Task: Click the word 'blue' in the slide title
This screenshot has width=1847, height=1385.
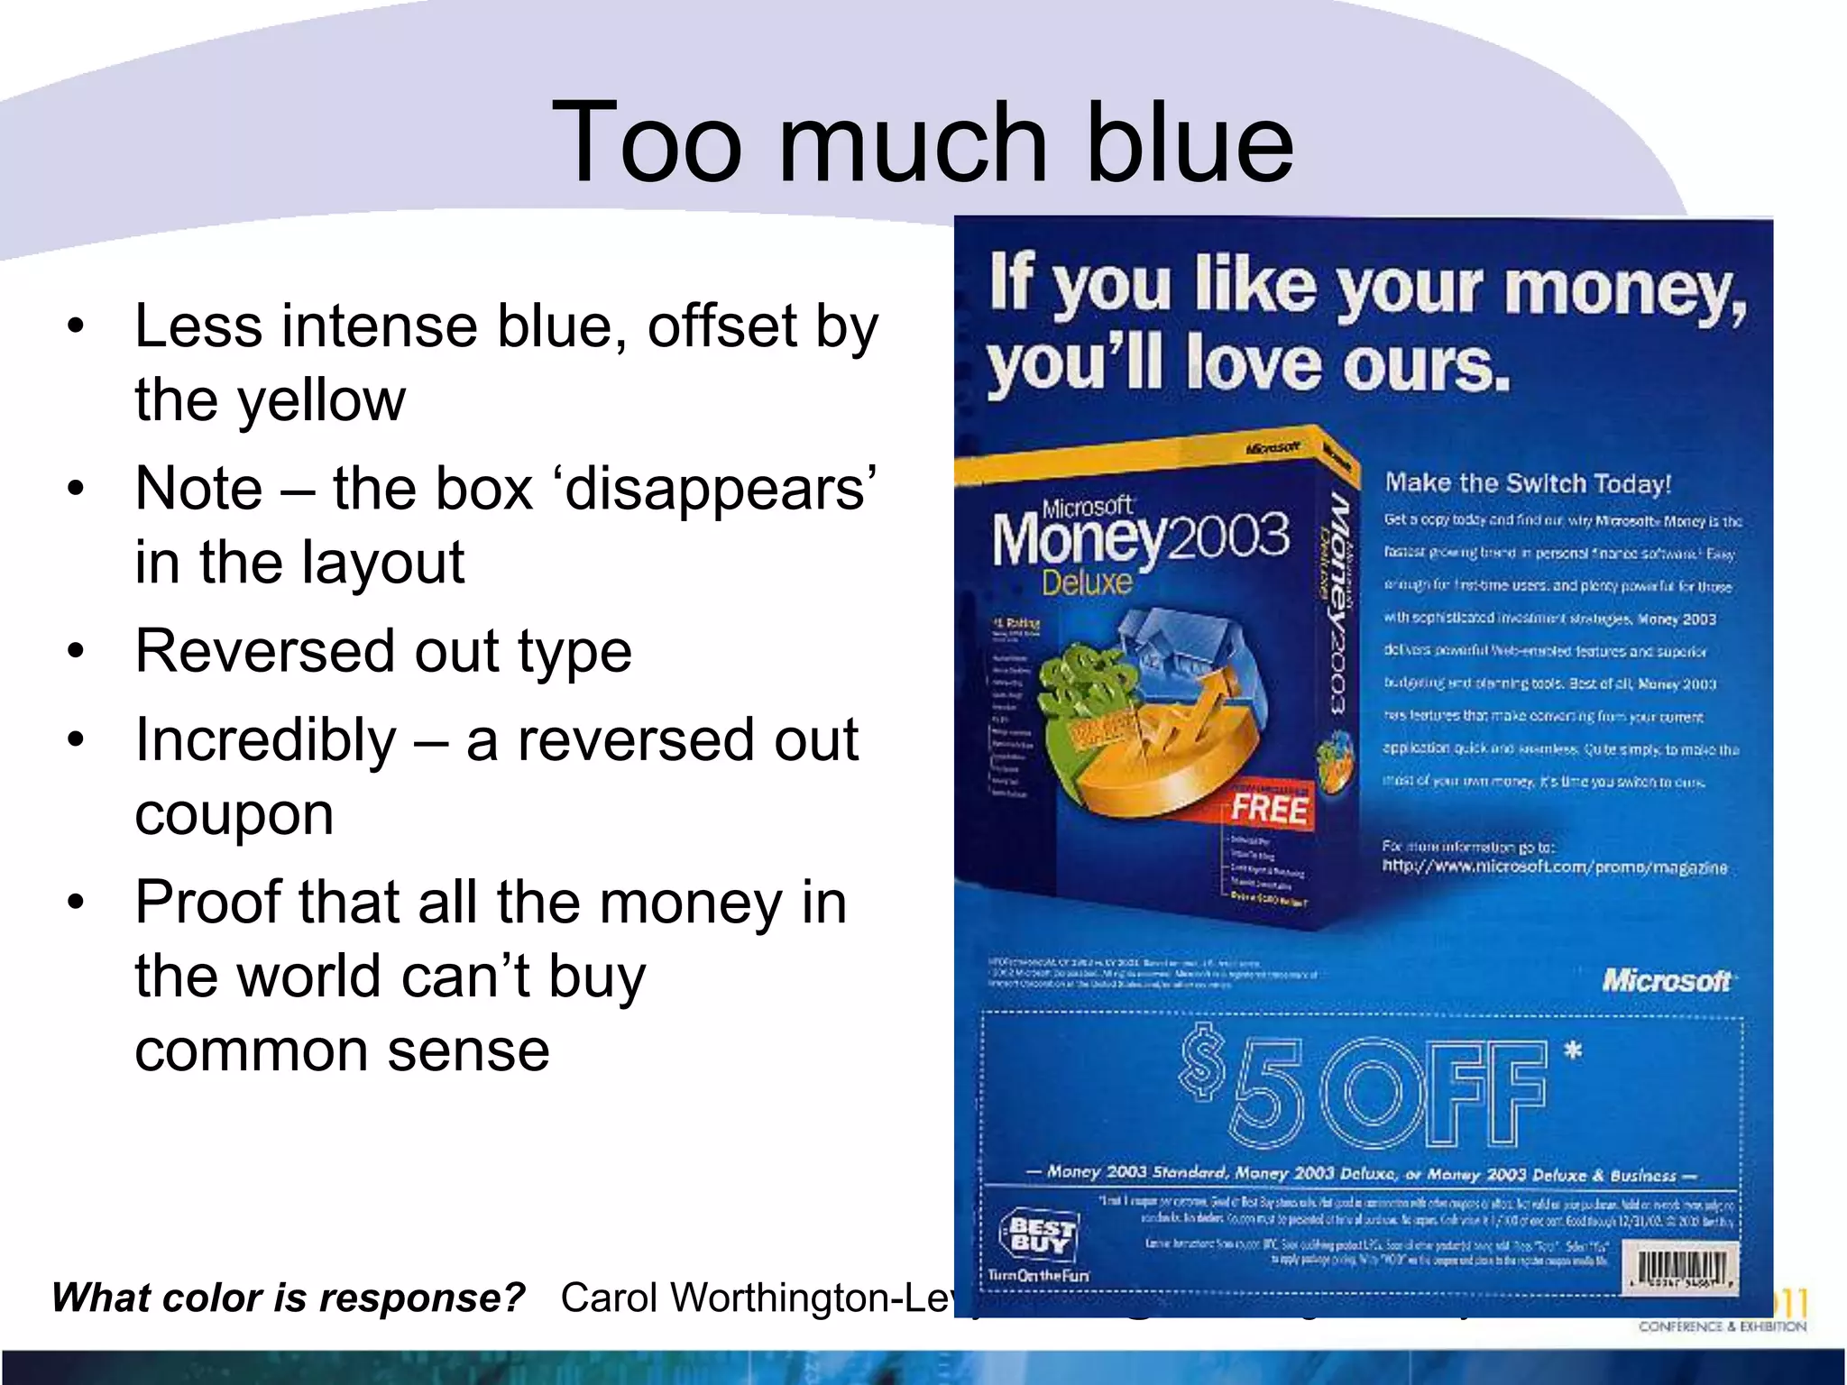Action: pyautogui.click(x=1190, y=142)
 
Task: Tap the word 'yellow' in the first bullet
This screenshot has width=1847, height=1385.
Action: pyautogui.click(x=322, y=400)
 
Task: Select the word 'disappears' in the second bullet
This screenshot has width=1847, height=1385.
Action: pyautogui.click(x=719, y=489)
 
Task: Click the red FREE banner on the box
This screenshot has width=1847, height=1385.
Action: pyautogui.click(x=1269, y=806)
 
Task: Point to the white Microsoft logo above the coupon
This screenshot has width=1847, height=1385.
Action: pyautogui.click(x=1666, y=981)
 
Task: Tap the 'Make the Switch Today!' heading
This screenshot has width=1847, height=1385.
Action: pyautogui.click(x=1528, y=483)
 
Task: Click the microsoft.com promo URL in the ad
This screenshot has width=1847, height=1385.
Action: pyautogui.click(x=1555, y=867)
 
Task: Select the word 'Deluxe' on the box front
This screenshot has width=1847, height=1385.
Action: pyautogui.click(x=1087, y=582)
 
